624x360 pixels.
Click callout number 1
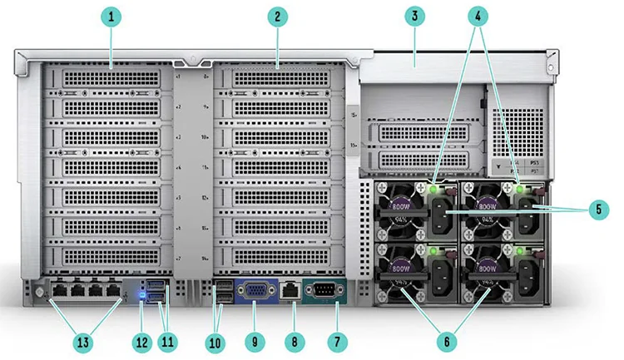[x=111, y=16]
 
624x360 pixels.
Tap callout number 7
[x=337, y=339]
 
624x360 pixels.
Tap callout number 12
[x=141, y=339]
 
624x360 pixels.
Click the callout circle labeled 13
[x=83, y=339]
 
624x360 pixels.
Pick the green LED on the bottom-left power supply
[x=433, y=249]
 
